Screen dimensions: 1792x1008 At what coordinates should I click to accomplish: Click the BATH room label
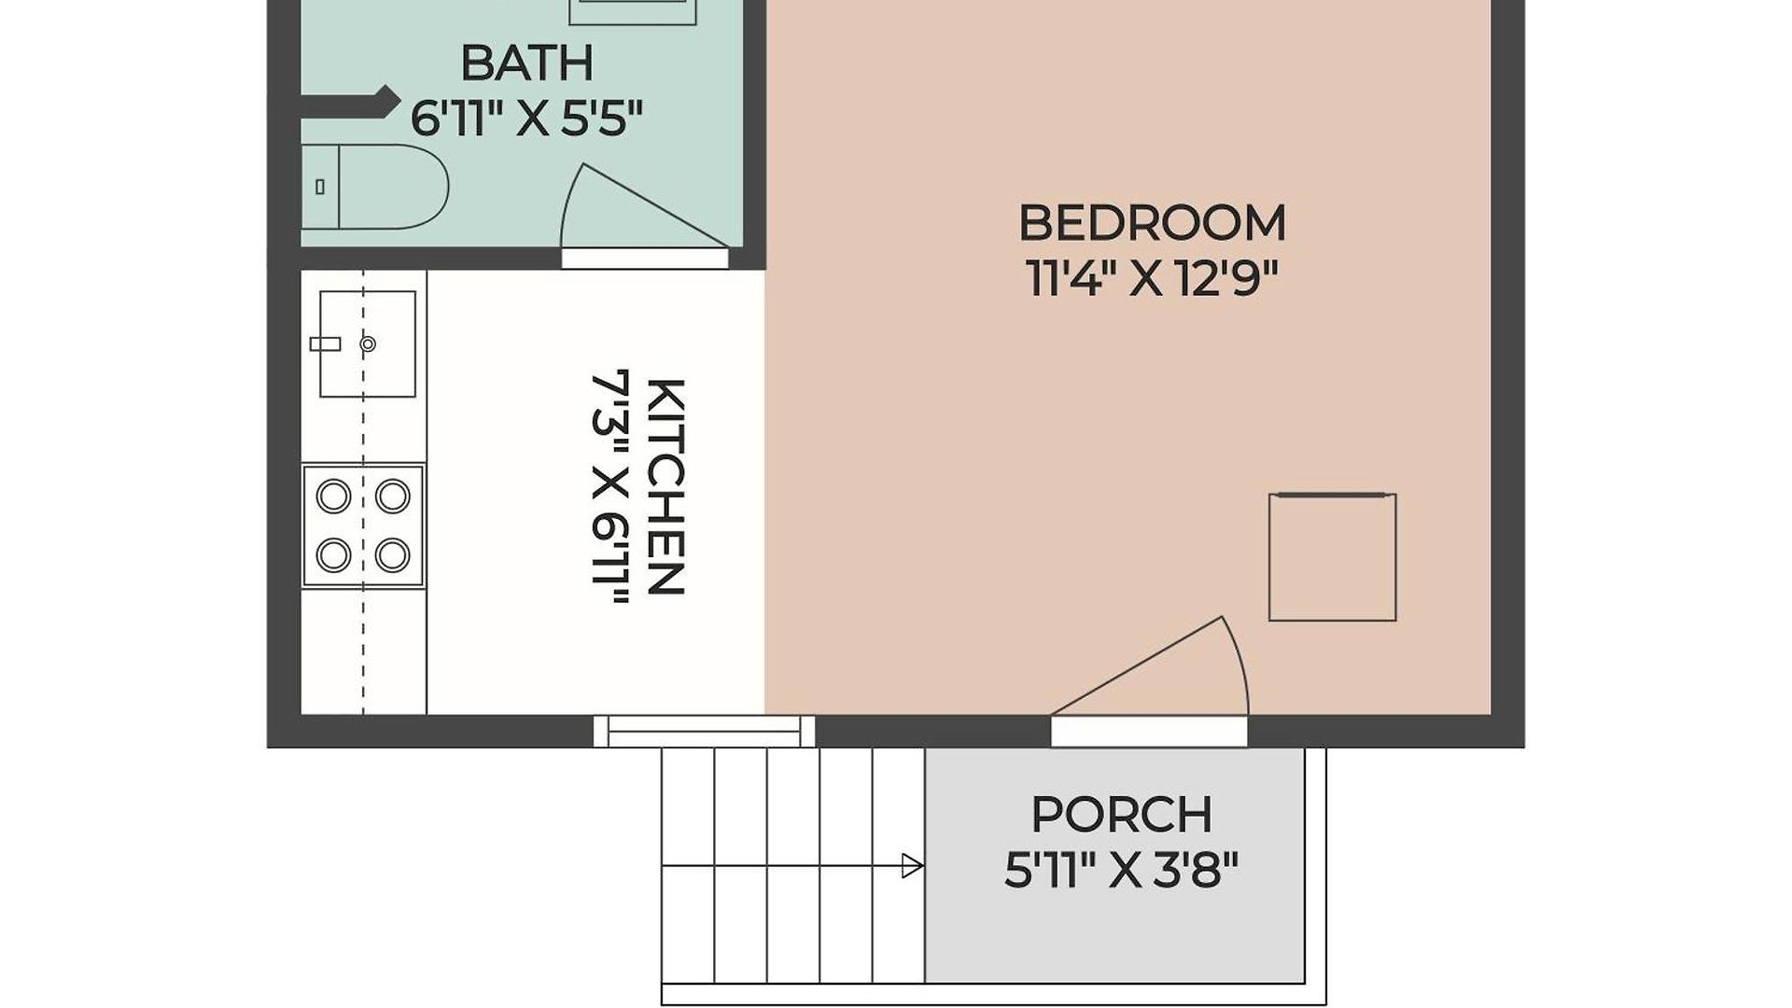click(x=527, y=63)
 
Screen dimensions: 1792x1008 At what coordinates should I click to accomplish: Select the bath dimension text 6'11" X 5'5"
click(x=527, y=119)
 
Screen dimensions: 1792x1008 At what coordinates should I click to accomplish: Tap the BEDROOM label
click(x=1152, y=223)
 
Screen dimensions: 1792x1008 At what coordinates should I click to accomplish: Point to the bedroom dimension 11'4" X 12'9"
click(x=1151, y=277)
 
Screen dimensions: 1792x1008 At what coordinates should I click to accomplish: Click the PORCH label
click(x=1121, y=815)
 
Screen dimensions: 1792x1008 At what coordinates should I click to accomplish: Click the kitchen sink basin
click(x=368, y=343)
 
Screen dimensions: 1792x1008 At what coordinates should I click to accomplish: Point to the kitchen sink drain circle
click(x=368, y=344)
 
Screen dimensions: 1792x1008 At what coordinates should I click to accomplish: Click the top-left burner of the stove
click(x=333, y=496)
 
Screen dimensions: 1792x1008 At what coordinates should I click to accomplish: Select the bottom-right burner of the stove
click(x=393, y=555)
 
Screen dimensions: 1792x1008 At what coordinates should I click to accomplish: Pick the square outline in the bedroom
click(x=1333, y=557)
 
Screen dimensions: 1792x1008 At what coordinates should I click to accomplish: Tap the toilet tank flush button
click(x=320, y=187)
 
